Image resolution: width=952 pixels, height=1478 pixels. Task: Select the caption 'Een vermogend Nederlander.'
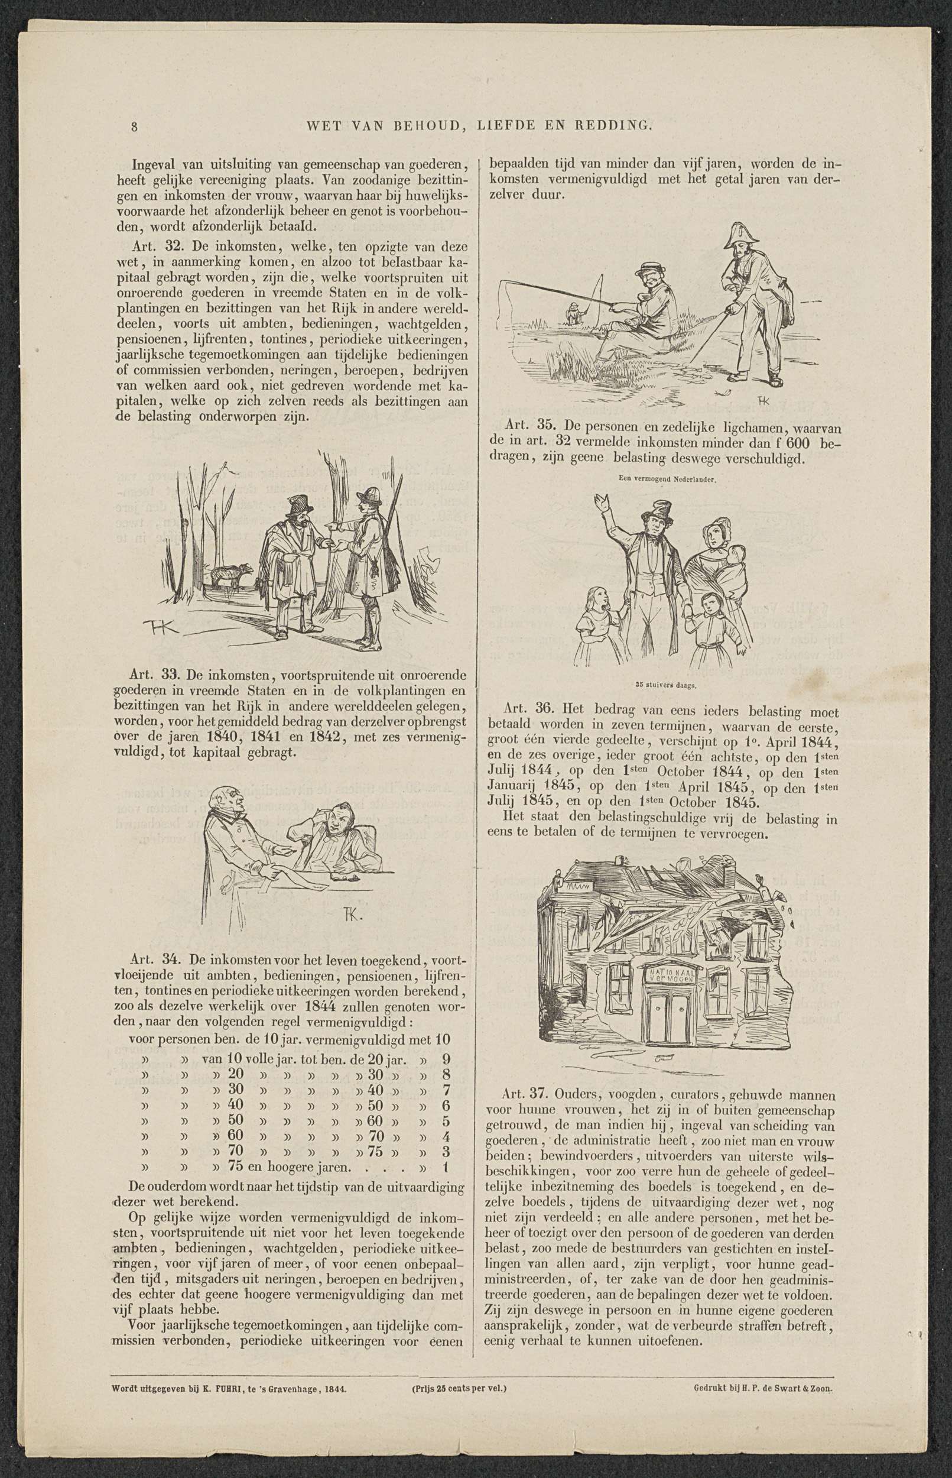point(667,480)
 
